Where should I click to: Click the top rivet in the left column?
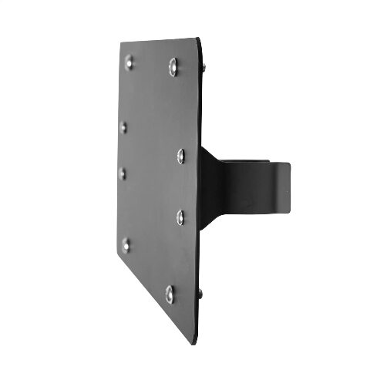(129, 60)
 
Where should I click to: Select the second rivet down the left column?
(123, 126)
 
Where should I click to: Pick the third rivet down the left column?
(122, 173)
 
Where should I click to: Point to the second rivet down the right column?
(180, 156)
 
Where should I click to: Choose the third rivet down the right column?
(180, 215)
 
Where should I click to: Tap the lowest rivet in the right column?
(170, 291)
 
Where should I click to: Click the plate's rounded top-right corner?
(203, 43)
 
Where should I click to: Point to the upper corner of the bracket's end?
(291, 165)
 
